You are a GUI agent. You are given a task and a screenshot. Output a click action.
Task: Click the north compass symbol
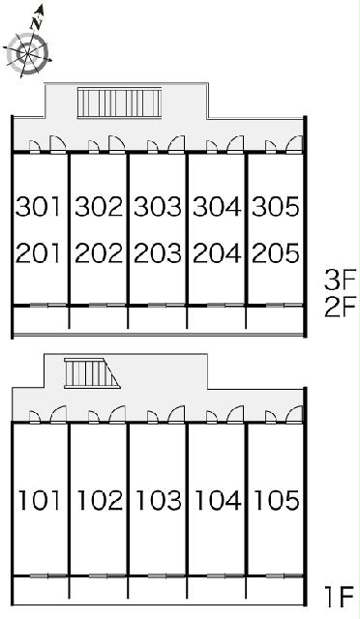28,47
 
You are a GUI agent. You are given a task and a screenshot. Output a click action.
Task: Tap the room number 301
39,206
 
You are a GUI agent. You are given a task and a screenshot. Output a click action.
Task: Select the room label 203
158,253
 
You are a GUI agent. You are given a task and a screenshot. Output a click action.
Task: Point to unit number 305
276,206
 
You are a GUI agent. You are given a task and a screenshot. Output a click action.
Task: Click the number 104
218,500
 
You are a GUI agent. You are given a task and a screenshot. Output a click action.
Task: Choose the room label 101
40,500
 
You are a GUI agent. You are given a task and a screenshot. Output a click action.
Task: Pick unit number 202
99,253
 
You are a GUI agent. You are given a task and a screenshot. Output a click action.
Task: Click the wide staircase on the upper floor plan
119,103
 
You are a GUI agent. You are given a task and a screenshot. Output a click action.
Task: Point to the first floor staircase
92,373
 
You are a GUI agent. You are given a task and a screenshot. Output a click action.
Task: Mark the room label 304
217,206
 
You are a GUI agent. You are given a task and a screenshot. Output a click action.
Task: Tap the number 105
276,500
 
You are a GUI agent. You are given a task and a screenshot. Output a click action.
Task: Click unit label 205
276,253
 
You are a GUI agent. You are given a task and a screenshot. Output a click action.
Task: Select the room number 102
100,500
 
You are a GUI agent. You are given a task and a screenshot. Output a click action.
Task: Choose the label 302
99,206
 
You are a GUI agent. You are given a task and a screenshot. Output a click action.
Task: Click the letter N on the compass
37,24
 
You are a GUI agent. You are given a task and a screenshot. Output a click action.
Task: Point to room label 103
159,500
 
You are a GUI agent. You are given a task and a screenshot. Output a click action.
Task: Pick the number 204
217,253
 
